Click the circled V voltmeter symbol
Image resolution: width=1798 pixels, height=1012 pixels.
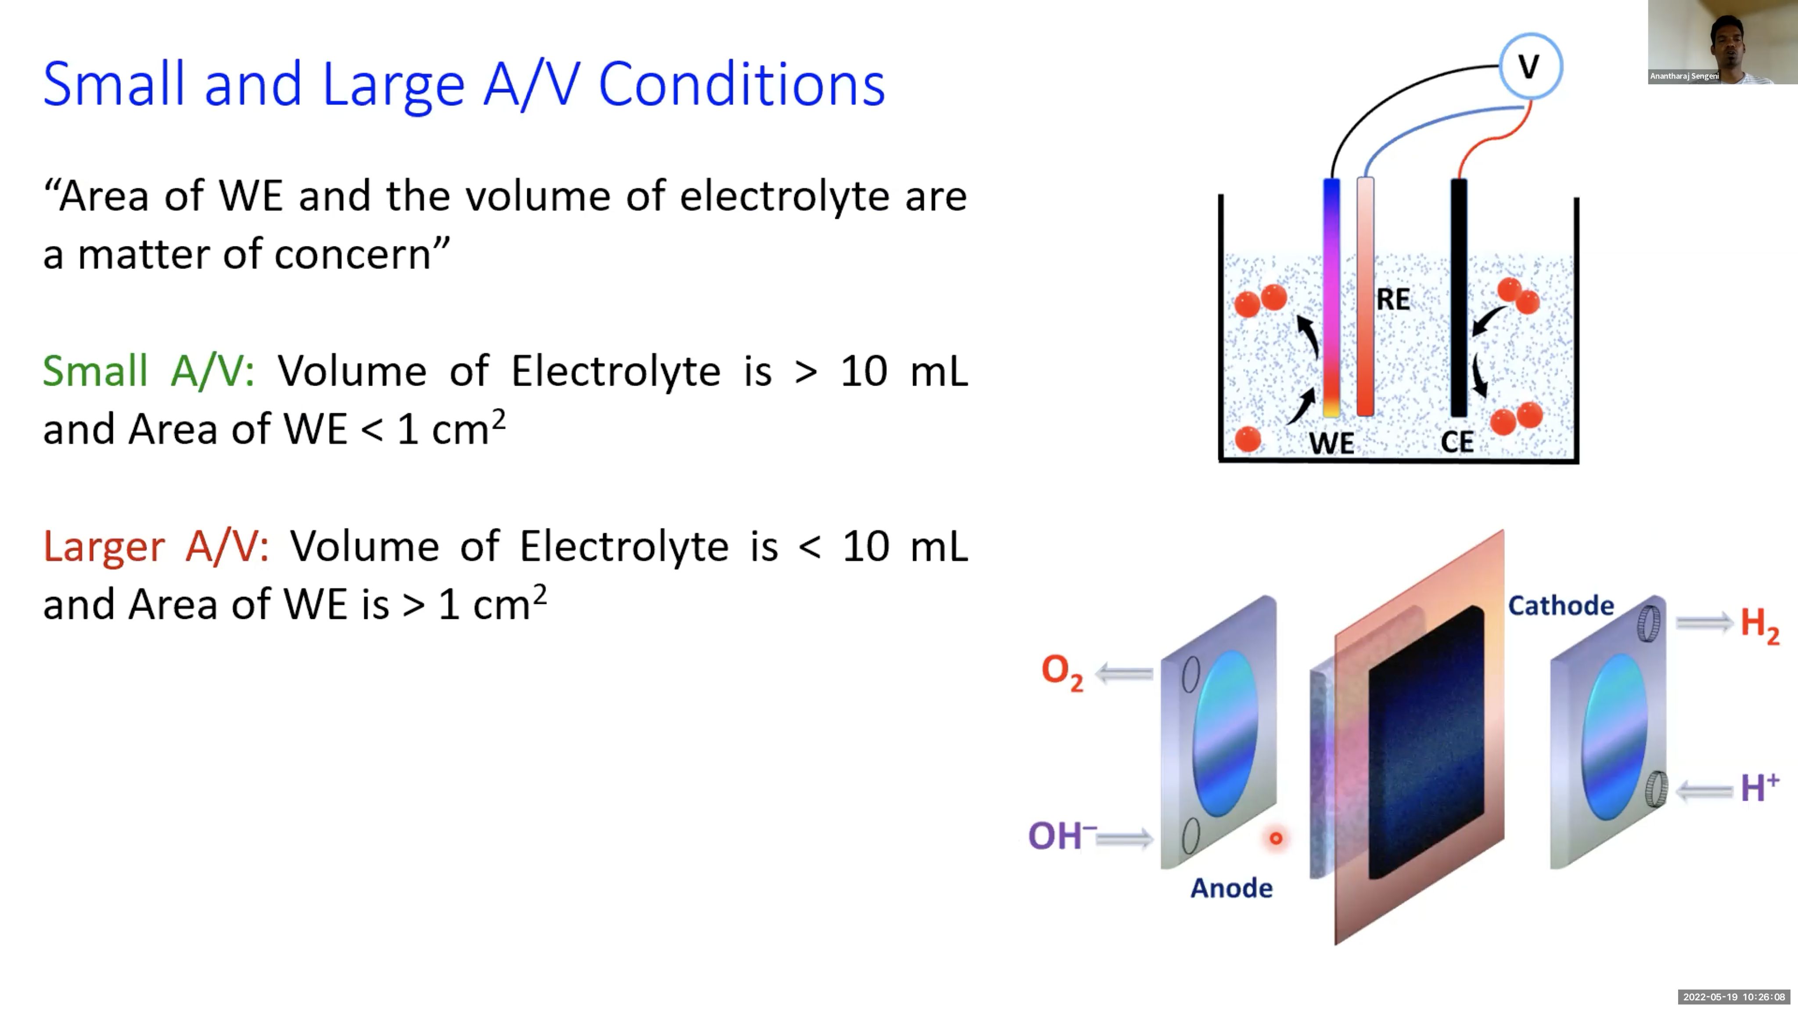tap(1531, 66)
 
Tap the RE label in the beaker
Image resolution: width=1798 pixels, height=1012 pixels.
tap(1393, 299)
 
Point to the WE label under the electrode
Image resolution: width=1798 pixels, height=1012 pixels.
tap(1331, 443)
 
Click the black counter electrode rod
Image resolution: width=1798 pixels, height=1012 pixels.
tap(1459, 297)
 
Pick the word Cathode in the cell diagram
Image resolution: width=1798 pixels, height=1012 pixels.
tap(1561, 606)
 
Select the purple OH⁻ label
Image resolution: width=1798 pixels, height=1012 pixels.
tap(1061, 835)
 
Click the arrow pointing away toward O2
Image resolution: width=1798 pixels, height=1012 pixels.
tap(1125, 673)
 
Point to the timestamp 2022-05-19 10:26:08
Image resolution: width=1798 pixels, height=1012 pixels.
tap(1734, 997)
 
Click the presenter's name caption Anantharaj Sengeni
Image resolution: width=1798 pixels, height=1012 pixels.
tap(1684, 76)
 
